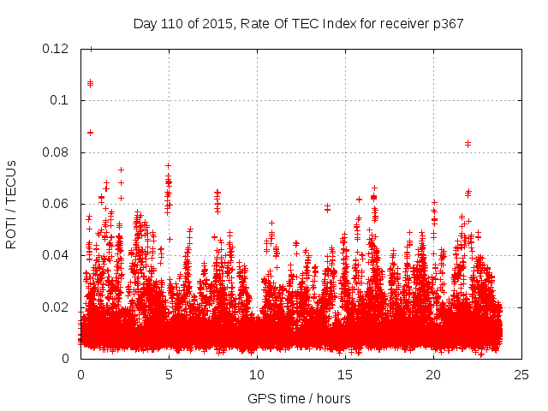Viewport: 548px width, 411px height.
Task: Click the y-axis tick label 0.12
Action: (57, 49)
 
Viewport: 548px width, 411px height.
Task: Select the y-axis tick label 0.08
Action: (57, 152)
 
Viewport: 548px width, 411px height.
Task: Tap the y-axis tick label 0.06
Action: (57, 204)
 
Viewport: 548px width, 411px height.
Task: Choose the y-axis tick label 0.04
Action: (57, 255)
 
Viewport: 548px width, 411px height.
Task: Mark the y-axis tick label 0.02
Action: (57, 307)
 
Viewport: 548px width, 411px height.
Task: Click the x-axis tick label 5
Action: (169, 375)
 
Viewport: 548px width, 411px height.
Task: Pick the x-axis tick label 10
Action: (257, 375)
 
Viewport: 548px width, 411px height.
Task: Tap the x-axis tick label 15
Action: (345, 375)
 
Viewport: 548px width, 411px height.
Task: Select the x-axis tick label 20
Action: (433, 375)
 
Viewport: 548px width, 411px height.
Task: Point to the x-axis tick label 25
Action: (521, 375)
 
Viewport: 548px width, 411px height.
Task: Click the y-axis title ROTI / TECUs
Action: (11, 204)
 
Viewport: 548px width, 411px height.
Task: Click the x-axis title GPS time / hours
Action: (299, 398)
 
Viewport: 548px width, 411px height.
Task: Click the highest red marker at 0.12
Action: (91, 49)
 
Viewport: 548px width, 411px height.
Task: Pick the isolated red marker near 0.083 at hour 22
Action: (468, 144)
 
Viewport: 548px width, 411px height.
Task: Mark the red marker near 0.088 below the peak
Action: (90, 132)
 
